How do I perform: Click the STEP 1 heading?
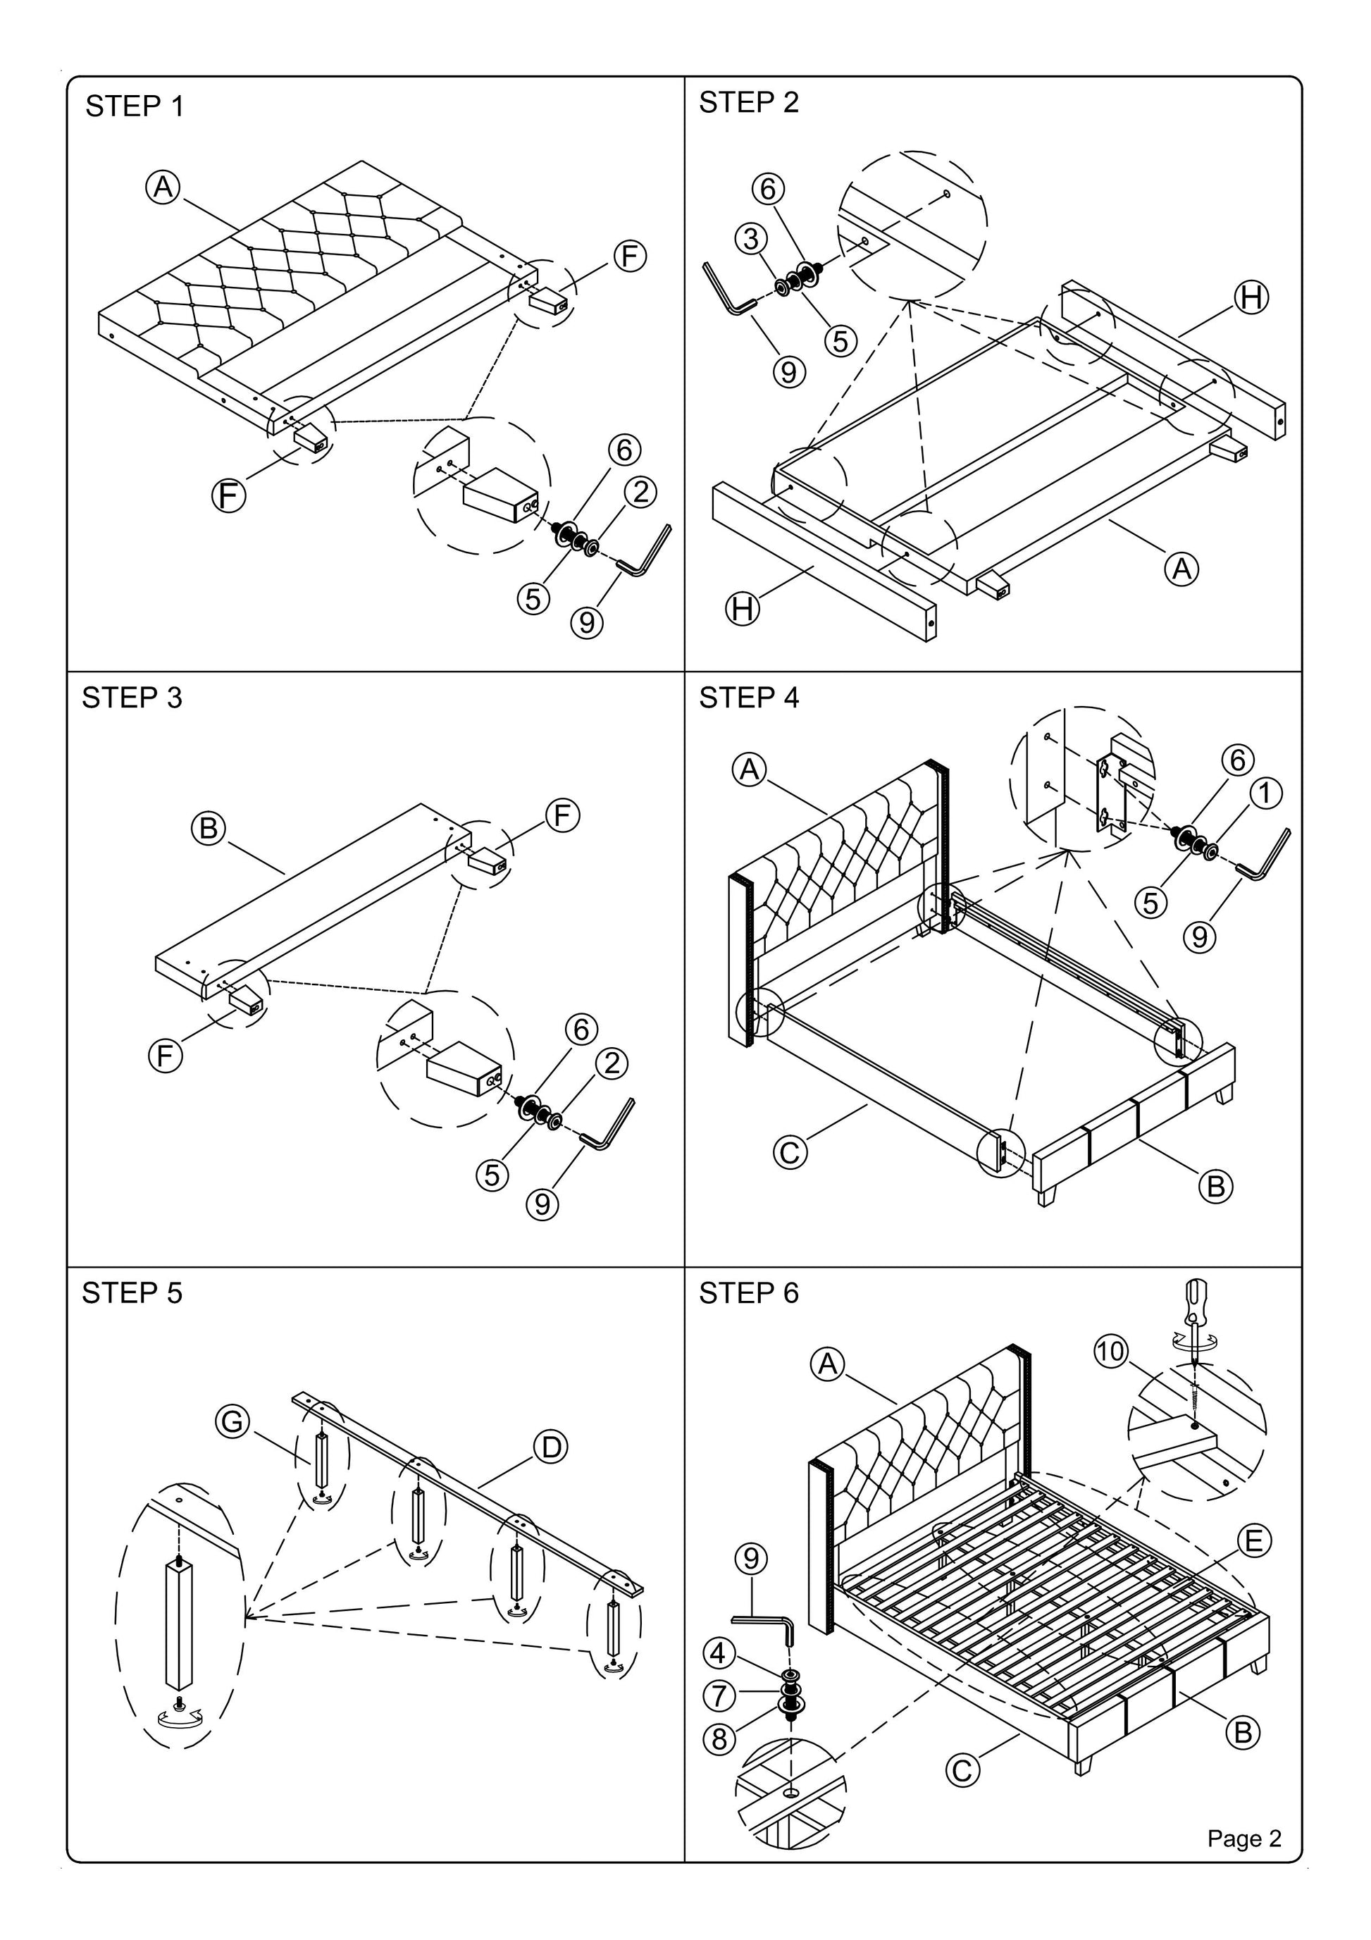pyautogui.click(x=135, y=106)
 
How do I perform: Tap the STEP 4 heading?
pyautogui.click(x=748, y=698)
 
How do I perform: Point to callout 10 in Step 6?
pyautogui.click(x=1111, y=1351)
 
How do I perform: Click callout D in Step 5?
pyautogui.click(x=550, y=1447)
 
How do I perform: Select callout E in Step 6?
pyautogui.click(x=1253, y=1542)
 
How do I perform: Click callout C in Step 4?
pyautogui.click(x=790, y=1152)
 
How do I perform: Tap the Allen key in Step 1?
pyautogui.click(x=645, y=551)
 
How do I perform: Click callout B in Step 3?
pyautogui.click(x=208, y=828)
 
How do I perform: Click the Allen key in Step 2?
pyautogui.click(x=726, y=289)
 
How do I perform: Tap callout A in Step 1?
pyautogui.click(x=163, y=187)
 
